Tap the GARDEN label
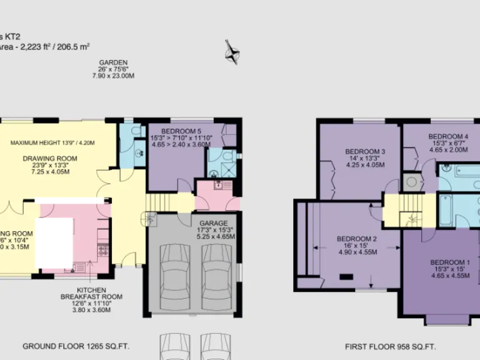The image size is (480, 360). pyautogui.click(x=113, y=62)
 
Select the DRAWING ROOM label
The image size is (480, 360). pyautogui.click(x=50, y=158)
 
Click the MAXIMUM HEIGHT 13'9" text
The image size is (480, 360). pyautogui.click(x=52, y=142)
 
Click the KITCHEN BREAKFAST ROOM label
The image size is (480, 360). pyautogui.click(x=99, y=294)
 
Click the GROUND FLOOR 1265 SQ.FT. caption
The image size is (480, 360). pyautogui.click(x=76, y=346)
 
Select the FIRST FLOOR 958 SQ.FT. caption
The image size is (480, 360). pyautogui.click(x=390, y=346)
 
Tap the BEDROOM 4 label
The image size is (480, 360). pyautogui.click(x=448, y=136)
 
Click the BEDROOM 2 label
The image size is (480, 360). pyautogui.click(x=357, y=239)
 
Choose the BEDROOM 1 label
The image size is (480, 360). pyautogui.click(x=449, y=262)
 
